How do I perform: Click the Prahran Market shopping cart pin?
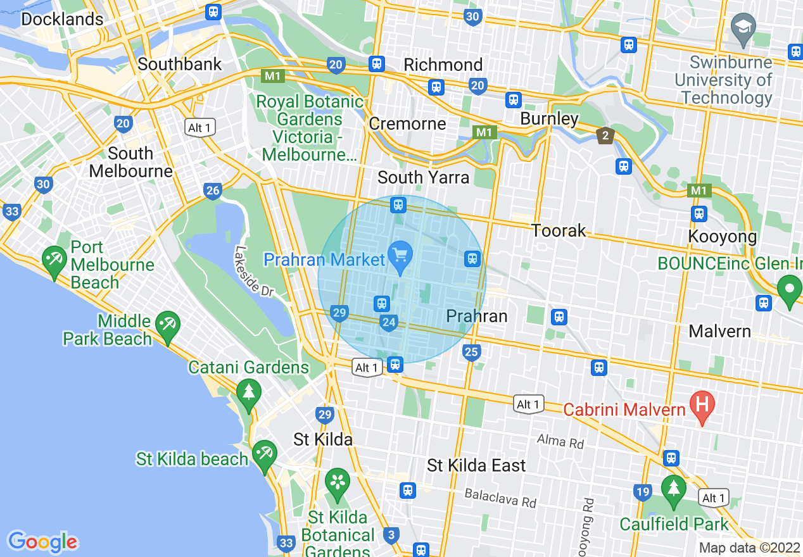400,256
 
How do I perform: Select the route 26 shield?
213,190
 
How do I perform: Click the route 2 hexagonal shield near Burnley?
605,135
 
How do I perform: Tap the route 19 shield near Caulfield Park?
642,492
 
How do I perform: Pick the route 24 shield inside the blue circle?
389,323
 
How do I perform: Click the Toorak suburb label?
559,230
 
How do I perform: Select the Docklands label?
62,19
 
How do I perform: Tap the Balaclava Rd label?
500,498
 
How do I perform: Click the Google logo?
43,542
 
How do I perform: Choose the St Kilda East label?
476,466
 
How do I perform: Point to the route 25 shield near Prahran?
471,353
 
